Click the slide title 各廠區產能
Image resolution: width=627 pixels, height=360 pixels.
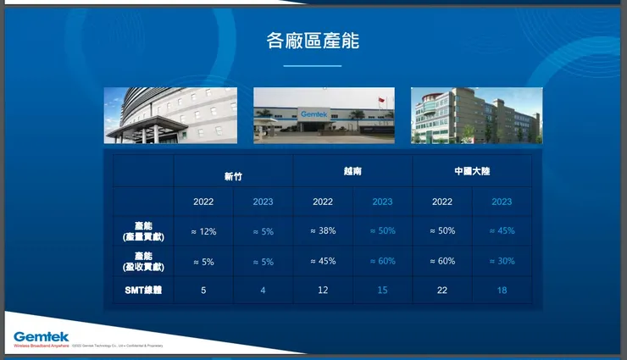[x=313, y=41]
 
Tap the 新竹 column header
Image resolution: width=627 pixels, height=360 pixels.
[x=233, y=175]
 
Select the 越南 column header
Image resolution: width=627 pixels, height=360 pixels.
[x=352, y=171]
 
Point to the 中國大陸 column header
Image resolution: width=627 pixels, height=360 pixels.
[x=472, y=171]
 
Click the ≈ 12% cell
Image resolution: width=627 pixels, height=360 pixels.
[x=203, y=231]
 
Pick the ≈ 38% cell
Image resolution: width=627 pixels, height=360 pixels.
[x=323, y=231]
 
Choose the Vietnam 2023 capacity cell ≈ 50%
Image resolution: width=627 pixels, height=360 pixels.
[x=382, y=231]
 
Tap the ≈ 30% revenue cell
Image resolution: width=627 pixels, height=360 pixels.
[x=502, y=261]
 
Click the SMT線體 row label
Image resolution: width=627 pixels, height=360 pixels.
[x=143, y=290]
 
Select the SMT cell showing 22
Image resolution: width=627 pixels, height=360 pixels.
[x=442, y=290]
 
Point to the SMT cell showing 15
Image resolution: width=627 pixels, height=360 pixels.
[x=382, y=290]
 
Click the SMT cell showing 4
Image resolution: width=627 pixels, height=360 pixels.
[x=263, y=290]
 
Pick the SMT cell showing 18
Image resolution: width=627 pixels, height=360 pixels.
[x=502, y=290]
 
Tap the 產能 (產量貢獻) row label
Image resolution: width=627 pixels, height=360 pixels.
[x=143, y=231]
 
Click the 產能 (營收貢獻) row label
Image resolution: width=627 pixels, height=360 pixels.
[x=143, y=261]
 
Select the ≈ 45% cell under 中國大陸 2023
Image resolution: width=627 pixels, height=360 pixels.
[x=502, y=231]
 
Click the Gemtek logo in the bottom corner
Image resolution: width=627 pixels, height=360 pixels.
[x=41, y=337]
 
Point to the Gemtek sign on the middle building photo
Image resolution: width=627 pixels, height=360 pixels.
[x=313, y=113]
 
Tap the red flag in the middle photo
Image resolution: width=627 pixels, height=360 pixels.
[x=380, y=101]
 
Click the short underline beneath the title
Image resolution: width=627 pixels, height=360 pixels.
[x=313, y=65]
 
